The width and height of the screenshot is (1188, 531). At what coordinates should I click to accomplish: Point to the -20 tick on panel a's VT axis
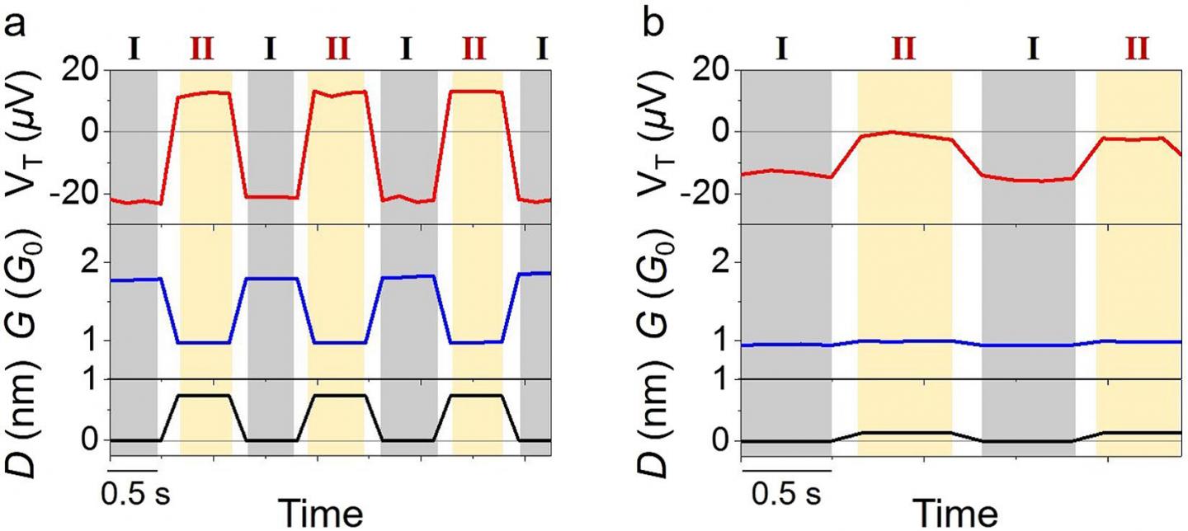[x=78, y=193]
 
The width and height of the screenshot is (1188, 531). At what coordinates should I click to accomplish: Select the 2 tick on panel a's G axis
[x=91, y=262]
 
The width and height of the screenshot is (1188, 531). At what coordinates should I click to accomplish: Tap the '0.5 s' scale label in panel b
[x=786, y=495]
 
